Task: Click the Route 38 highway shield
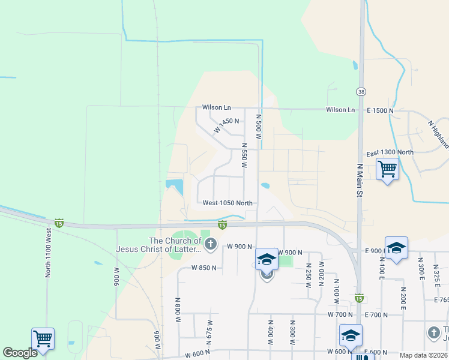click(x=360, y=91)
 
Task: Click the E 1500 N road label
click(x=380, y=111)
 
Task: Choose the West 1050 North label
click(x=228, y=203)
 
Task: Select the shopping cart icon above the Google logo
click(x=43, y=338)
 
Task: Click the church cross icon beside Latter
click(x=210, y=244)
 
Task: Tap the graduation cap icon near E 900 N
click(x=396, y=247)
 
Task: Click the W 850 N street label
click(x=204, y=268)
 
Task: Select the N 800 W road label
click(x=178, y=310)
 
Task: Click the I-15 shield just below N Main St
click(x=359, y=298)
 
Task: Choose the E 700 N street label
click(x=376, y=314)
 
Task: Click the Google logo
click(x=20, y=353)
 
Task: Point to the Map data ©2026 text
click(x=423, y=355)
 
